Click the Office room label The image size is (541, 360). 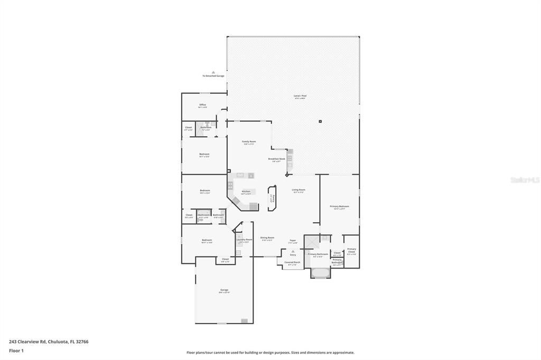202,105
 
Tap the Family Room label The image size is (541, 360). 249,142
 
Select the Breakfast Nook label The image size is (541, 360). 276,159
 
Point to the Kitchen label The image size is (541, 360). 246,192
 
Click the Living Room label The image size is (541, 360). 299,190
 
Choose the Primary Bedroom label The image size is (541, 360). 339,206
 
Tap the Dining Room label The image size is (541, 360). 267,238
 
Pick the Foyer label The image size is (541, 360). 293,241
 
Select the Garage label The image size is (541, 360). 224,290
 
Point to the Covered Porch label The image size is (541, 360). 292,262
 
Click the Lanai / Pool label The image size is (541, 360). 300,96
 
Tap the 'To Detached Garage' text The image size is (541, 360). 213,76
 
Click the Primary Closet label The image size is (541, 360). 351,250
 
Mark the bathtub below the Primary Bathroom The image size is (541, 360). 320,273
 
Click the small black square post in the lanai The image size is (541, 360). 320,122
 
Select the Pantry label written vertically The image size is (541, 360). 273,197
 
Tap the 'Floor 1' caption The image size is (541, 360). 16,350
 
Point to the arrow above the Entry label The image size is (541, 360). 293,251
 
